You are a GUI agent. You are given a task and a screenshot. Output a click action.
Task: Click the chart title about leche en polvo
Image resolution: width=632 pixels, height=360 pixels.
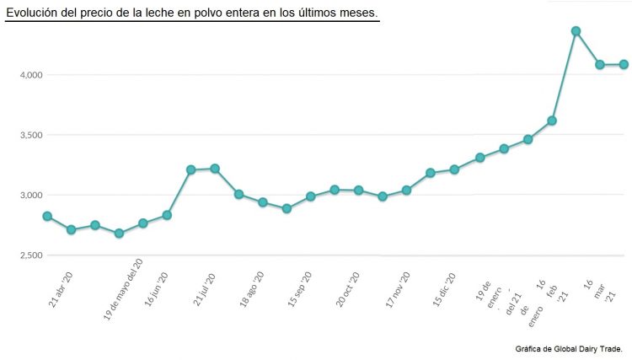click(x=192, y=13)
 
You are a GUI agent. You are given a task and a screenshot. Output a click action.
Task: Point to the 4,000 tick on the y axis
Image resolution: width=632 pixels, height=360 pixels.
click(x=31, y=75)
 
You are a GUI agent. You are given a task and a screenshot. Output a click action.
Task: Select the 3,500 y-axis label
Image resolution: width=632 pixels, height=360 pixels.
click(x=31, y=135)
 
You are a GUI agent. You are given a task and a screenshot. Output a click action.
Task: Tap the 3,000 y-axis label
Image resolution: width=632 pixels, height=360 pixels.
click(x=31, y=195)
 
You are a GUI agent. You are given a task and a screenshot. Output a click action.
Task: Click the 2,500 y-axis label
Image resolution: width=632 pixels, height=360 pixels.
click(x=31, y=255)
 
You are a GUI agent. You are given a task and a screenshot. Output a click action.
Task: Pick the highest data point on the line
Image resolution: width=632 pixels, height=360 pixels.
click(x=576, y=31)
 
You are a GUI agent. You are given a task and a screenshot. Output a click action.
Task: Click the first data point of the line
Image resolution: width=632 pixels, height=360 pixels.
click(x=47, y=217)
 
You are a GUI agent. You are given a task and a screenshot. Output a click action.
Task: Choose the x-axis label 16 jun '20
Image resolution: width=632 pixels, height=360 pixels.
click(x=158, y=288)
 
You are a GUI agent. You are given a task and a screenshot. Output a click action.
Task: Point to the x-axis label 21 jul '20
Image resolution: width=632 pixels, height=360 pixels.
click(x=205, y=288)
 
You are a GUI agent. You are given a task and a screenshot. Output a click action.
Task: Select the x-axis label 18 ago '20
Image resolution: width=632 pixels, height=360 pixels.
click(x=253, y=288)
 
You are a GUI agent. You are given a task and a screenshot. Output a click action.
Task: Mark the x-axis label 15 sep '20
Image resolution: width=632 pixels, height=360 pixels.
click(x=300, y=288)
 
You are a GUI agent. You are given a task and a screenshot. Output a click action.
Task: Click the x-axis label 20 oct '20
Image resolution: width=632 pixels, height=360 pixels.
click(x=348, y=288)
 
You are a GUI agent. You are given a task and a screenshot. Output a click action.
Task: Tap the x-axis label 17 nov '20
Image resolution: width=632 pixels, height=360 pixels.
click(x=398, y=288)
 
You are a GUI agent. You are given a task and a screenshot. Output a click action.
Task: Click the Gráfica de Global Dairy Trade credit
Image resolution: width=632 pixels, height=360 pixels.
click(x=569, y=347)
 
